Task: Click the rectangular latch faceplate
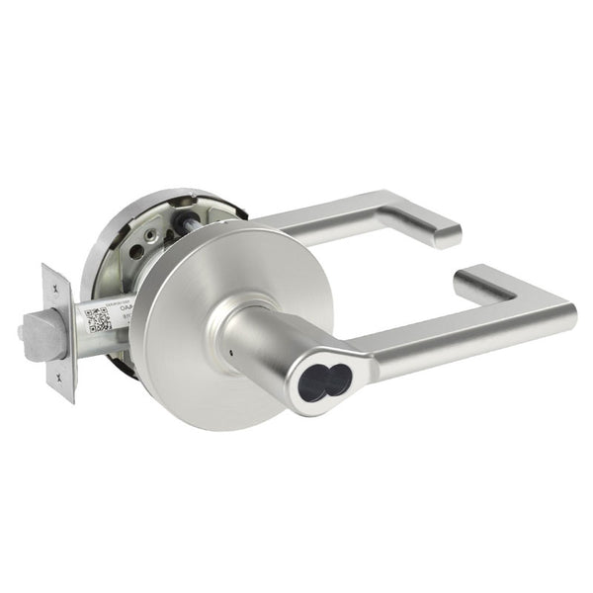(59, 331)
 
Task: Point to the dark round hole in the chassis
(149, 238)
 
